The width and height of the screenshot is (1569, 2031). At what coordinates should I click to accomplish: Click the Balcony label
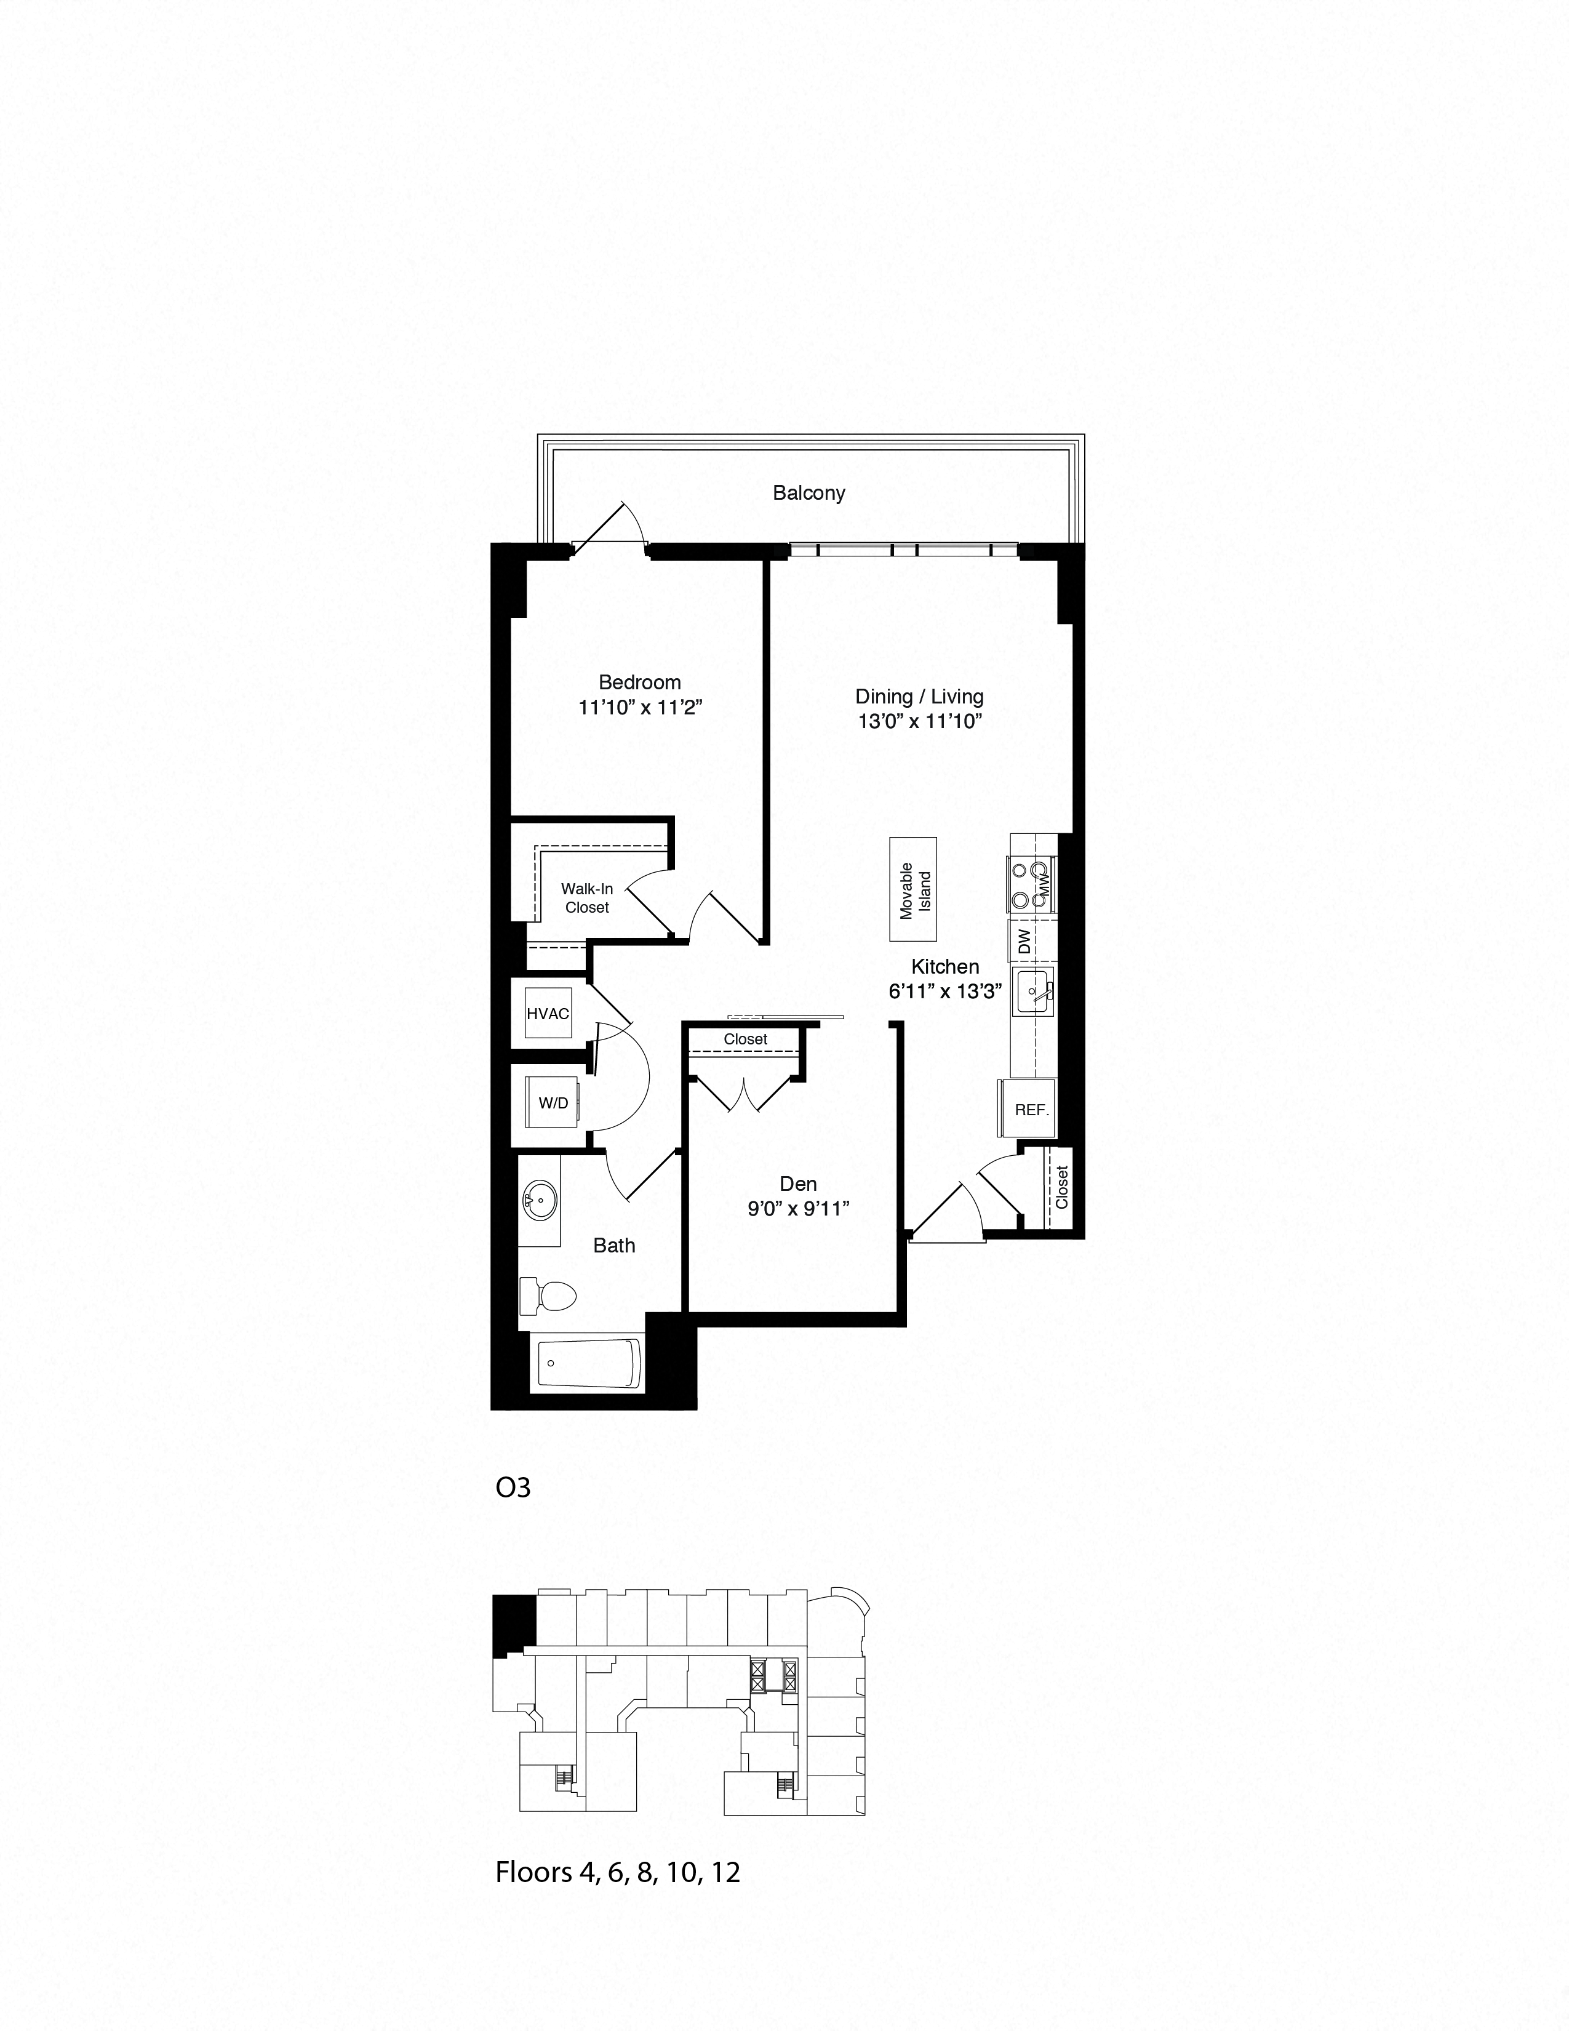coord(808,493)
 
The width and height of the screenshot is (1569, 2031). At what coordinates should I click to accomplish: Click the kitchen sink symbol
coord(1034,991)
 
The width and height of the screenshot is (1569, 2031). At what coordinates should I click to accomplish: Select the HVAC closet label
coord(548,1014)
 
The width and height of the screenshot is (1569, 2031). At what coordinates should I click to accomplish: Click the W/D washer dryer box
coord(553,1103)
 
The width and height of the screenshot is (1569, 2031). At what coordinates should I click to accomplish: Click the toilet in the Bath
coord(548,1296)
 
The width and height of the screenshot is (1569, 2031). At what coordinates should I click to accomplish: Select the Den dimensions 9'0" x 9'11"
coord(799,1209)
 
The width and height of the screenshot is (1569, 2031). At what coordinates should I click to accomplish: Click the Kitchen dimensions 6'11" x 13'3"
coord(944,991)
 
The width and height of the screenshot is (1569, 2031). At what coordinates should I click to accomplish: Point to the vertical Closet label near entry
coord(1061,1188)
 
